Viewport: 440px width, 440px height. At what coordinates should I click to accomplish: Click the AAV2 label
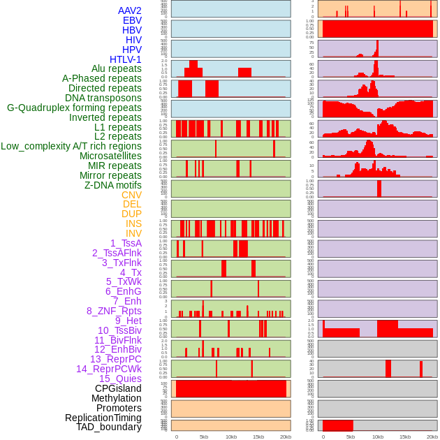(x=130, y=10)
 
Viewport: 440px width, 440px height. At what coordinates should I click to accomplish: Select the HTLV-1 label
(x=126, y=59)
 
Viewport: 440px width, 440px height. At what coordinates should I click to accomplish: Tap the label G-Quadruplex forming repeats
(x=74, y=108)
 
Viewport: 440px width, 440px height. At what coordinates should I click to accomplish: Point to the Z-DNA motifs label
(x=113, y=185)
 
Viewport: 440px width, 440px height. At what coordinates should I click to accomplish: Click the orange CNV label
(x=131, y=195)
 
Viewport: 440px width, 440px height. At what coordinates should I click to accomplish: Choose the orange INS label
(x=133, y=223)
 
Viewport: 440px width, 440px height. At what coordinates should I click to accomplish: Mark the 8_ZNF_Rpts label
(x=114, y=311)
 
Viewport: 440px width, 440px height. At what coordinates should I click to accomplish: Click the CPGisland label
(x=118, y=388)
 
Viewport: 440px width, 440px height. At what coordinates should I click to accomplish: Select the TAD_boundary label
(x=109, y=427)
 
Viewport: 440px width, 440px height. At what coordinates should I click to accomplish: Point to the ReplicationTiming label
(x=103, y=418)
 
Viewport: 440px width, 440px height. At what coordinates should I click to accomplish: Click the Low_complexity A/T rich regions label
(x=71, y=146)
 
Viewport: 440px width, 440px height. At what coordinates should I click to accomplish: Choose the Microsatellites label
(x=110, y=156)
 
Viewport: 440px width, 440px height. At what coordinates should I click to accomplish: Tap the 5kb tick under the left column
(x=204, y=437)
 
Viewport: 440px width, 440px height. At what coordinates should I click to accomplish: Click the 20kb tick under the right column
(x=432, y=437)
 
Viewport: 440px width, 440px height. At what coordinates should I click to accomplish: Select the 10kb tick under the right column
(x=378, y=437)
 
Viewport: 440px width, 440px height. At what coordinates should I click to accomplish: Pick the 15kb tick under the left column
(x=258, y=437)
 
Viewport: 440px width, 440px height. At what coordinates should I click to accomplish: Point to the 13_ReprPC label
(x=116, y=359)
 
